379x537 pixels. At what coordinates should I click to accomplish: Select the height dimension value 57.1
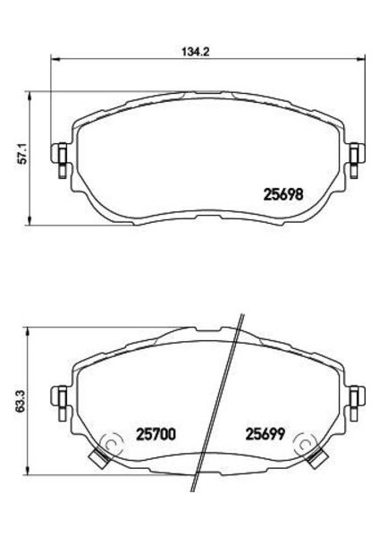click(24, 156)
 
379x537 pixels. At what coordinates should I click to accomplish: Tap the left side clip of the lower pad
click(62, 396)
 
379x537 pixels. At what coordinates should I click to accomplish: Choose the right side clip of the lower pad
click(354, 396)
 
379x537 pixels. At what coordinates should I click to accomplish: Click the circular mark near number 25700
click(112, 444)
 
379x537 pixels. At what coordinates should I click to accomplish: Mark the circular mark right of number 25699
click(306, 444)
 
